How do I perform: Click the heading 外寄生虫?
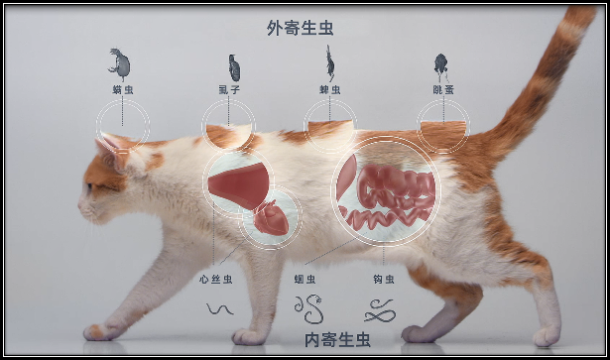[300, 28]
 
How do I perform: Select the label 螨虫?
[123, 89]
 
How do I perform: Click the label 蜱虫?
[329, 89]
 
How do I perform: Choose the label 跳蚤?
[441, 89]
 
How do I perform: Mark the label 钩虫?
[383, 281]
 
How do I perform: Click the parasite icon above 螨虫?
[121, 62]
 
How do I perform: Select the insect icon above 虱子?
[234, 67]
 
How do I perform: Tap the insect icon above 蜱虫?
[329, 64]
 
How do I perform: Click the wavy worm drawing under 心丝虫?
[219, 308]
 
